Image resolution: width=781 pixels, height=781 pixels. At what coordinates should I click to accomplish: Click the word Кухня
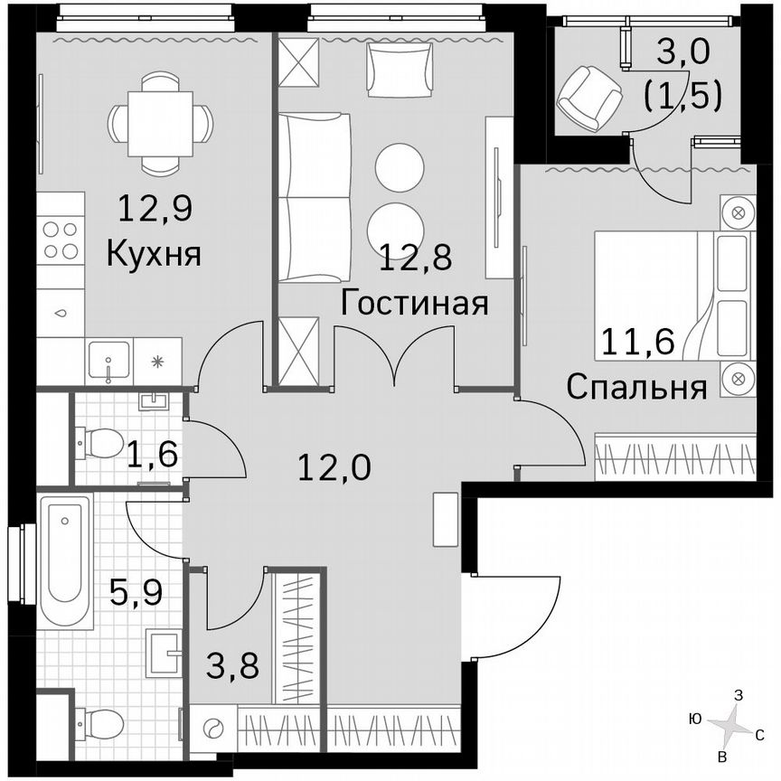tap(153, 253)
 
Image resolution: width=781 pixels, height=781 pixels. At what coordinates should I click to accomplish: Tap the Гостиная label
tap(415, 303)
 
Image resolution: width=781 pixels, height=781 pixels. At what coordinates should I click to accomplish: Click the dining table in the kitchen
tap(160, 123)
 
